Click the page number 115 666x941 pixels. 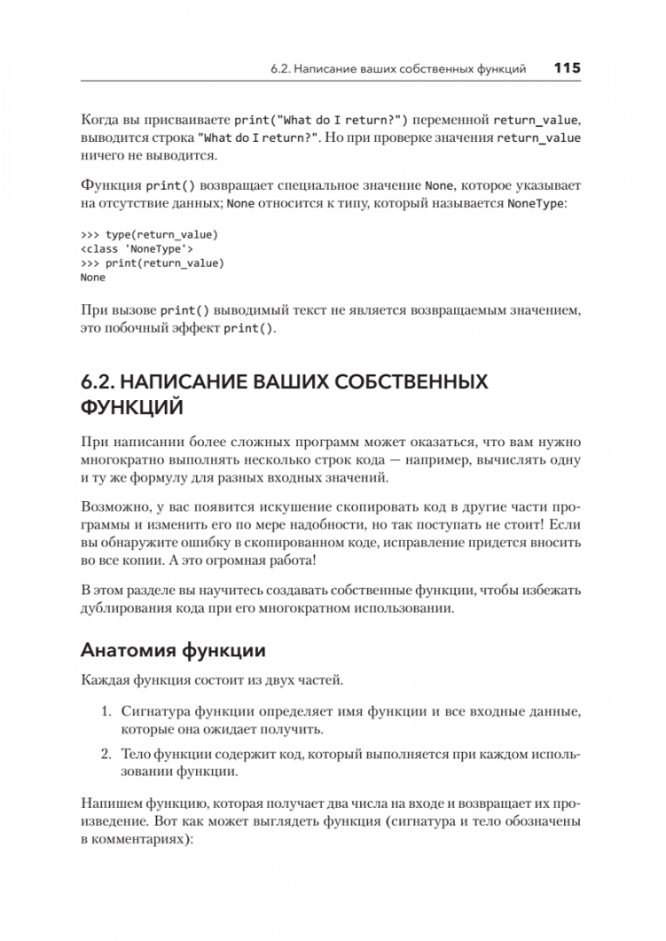[567, 68]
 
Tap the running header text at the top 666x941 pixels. [397, 69]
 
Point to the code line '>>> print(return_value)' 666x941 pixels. [152, 263]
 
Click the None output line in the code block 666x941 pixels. [92, 277]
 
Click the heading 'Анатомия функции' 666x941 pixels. [173, 650]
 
